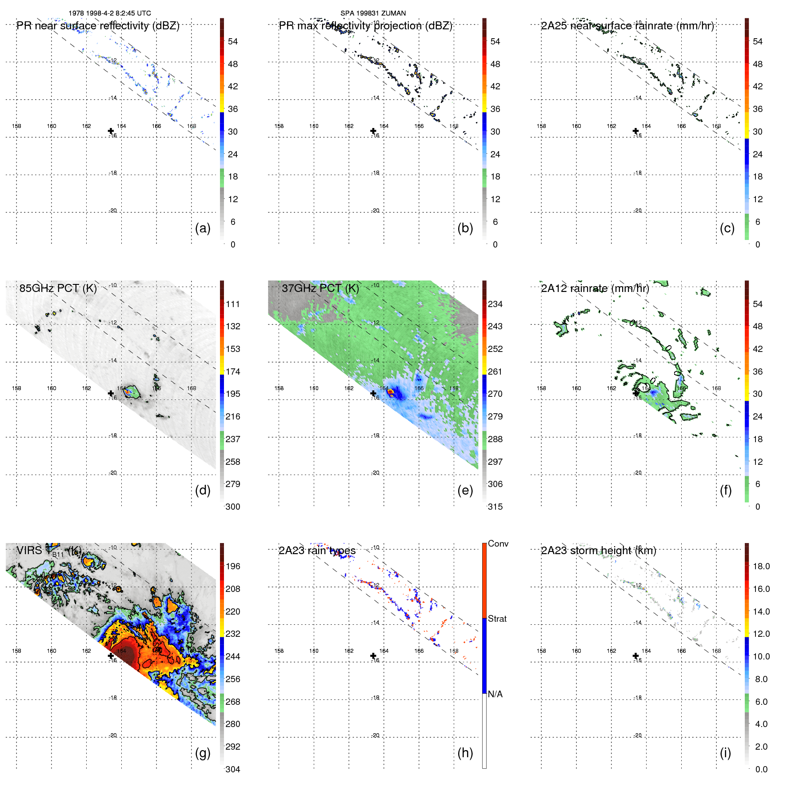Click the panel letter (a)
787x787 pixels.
[203, 228]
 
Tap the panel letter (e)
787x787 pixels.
[465, 491]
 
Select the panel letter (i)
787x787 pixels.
[725, 753]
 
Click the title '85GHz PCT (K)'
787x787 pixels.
[58, 288]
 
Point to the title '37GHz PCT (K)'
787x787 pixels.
[320, 288]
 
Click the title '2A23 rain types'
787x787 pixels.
[317, 551]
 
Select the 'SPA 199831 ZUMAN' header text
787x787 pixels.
[373, 13]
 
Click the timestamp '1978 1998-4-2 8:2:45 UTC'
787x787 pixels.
[110, 13]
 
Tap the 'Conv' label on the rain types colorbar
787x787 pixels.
[498, 543]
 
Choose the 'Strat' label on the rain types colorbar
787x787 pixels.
[497, 619]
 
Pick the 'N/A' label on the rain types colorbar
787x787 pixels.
[495, 694]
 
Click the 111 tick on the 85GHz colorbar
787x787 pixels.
[233, 304]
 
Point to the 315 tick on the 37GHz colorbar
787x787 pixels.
[495, 507]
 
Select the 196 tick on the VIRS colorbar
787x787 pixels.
[233, 566]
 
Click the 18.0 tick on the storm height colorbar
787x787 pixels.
[761, 566]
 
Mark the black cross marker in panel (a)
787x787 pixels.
[111, 131]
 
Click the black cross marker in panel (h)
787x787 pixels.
[373, 655]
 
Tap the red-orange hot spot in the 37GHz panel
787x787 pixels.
[391, 392]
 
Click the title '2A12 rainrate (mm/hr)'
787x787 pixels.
[595, 288]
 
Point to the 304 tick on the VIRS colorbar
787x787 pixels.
[233, 769]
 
